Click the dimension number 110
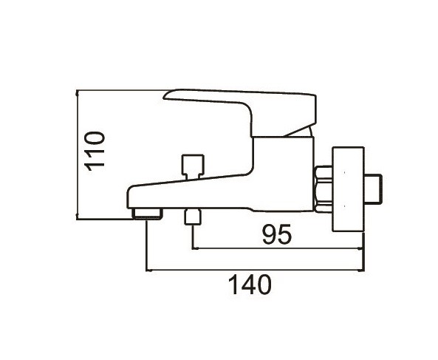[95, 151]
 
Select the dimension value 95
[277, 234]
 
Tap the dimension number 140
[250, 285]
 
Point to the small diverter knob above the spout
[192, 166]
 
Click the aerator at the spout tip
[148, 214]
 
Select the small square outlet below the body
[193, 217]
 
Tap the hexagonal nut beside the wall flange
[324, 189]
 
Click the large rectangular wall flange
[348, 189]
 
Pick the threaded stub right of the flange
[373, 189]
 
